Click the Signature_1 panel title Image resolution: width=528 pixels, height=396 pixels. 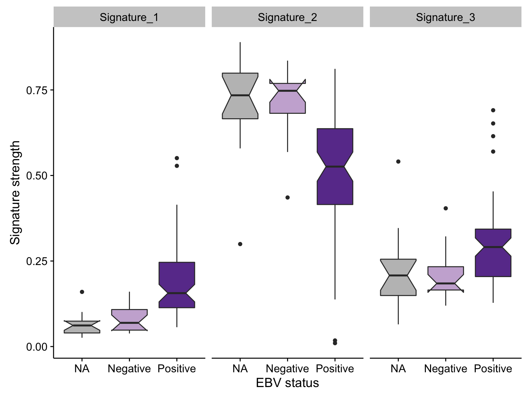click(x=129, y=17)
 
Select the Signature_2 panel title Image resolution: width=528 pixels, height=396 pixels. click(x=287, y=17)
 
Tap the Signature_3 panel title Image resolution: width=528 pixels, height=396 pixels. click(x=445, y=17)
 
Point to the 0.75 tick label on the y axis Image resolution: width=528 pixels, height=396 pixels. click(x=36, y=90)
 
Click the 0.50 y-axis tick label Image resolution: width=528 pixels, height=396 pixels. click(x=36, y=176)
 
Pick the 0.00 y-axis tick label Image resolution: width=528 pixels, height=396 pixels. click(x=36, y=347)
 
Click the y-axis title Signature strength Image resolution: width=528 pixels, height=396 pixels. click(x=15, y=192)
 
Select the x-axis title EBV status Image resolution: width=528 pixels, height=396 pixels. click(x=287, y=383)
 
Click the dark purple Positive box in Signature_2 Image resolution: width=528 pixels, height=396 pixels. click(x=335, y=166)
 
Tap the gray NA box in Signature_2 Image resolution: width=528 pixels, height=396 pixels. click(x=240, y=96)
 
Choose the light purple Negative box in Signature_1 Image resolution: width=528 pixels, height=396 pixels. click(x=129, y=320)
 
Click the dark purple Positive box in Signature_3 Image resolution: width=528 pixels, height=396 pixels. click(x=493, y=253)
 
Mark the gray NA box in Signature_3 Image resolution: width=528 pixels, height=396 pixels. click(x=398, y=277)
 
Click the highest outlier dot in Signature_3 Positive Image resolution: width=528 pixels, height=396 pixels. click(x=493, y=110)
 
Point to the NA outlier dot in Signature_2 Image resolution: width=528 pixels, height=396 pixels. click(x=240, y=244)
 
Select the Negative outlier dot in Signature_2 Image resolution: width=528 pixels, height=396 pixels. click(x=287, y=197)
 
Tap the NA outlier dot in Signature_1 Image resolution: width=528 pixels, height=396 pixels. click(x=82, y=292)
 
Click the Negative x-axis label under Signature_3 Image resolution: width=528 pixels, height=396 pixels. click(x=445, y=369)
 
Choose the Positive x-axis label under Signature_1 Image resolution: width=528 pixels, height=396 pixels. click(x=177, y=368)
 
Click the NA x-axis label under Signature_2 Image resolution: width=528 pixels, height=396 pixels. click(x=240, y=368)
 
